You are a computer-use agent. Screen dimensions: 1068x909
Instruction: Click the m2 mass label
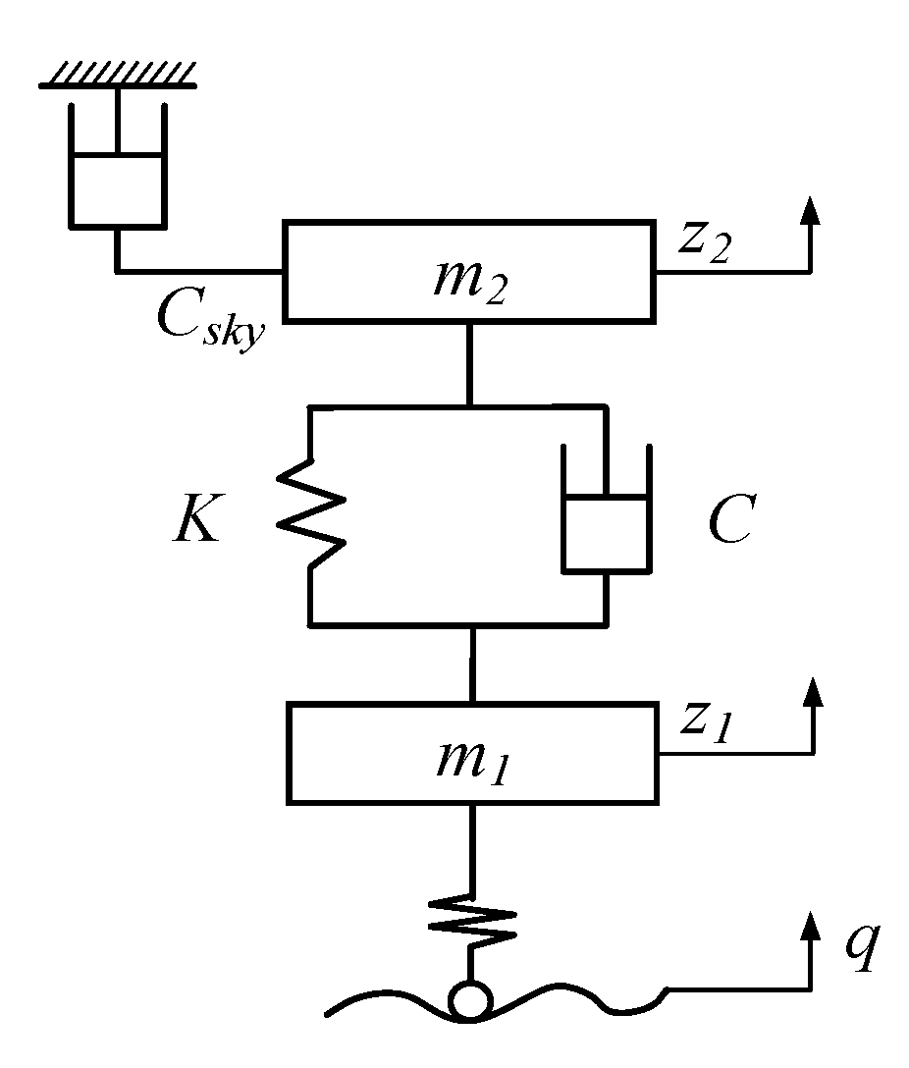pyautogui.click(x=468, y=279)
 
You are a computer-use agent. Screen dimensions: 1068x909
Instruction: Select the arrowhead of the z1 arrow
pyautogui.click(x=810, y=692)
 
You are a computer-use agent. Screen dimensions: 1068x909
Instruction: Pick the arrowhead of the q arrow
pyautogui.click(x=810, y=926)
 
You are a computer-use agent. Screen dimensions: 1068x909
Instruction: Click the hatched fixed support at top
pyautogui.click(x=118, y=75)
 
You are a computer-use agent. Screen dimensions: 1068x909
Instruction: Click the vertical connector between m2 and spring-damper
pyautogui.click(x=470, y=362)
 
